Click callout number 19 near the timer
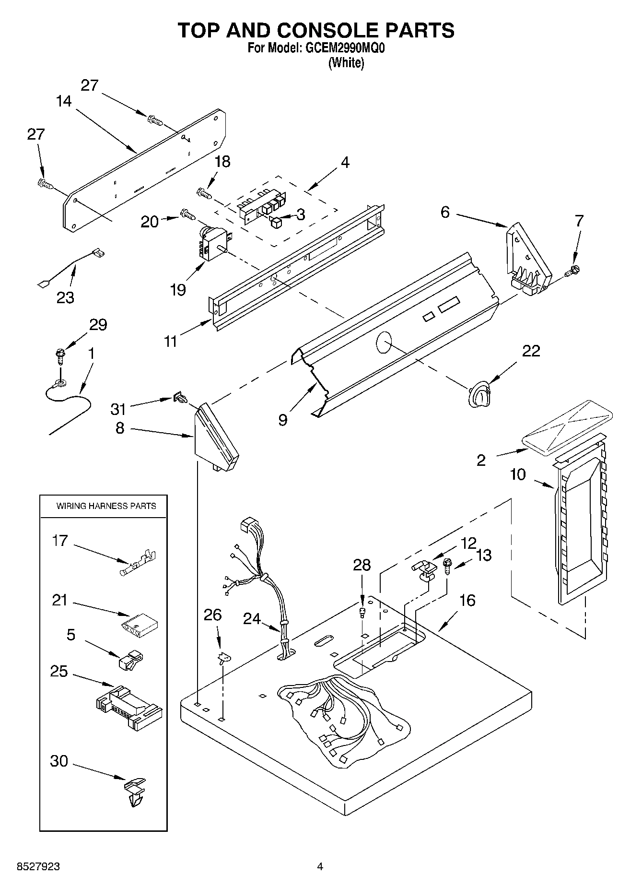(178, 289)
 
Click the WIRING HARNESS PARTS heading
(106, 506)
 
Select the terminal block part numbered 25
(128, 707)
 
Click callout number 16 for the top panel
(467, 600)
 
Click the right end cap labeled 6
(526, 261)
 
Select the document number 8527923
(38, 866)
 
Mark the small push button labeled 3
(276, 222)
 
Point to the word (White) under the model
(346, 63)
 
